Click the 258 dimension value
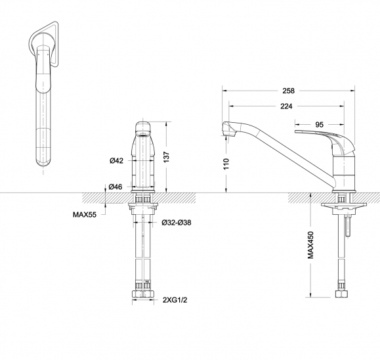[x=288, y=91]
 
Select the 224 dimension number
[x=286, y=106]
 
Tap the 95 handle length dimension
[x=320, y=125]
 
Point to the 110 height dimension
[x=226, y=164]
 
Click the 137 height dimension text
[x=167, y=157]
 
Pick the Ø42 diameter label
[x=116, y=160]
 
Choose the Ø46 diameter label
[x=116, y=187]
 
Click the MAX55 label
[x=85, y=215]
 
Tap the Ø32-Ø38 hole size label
[x=177, y=223]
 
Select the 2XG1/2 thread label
[x=175, y=300]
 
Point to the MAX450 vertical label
[x=310, y=245]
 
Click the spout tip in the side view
[x=228, y=130]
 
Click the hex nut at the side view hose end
[x=341, y=294]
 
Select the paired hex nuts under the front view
[x=143, y=294]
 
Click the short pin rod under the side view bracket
[x=348, y=225]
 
